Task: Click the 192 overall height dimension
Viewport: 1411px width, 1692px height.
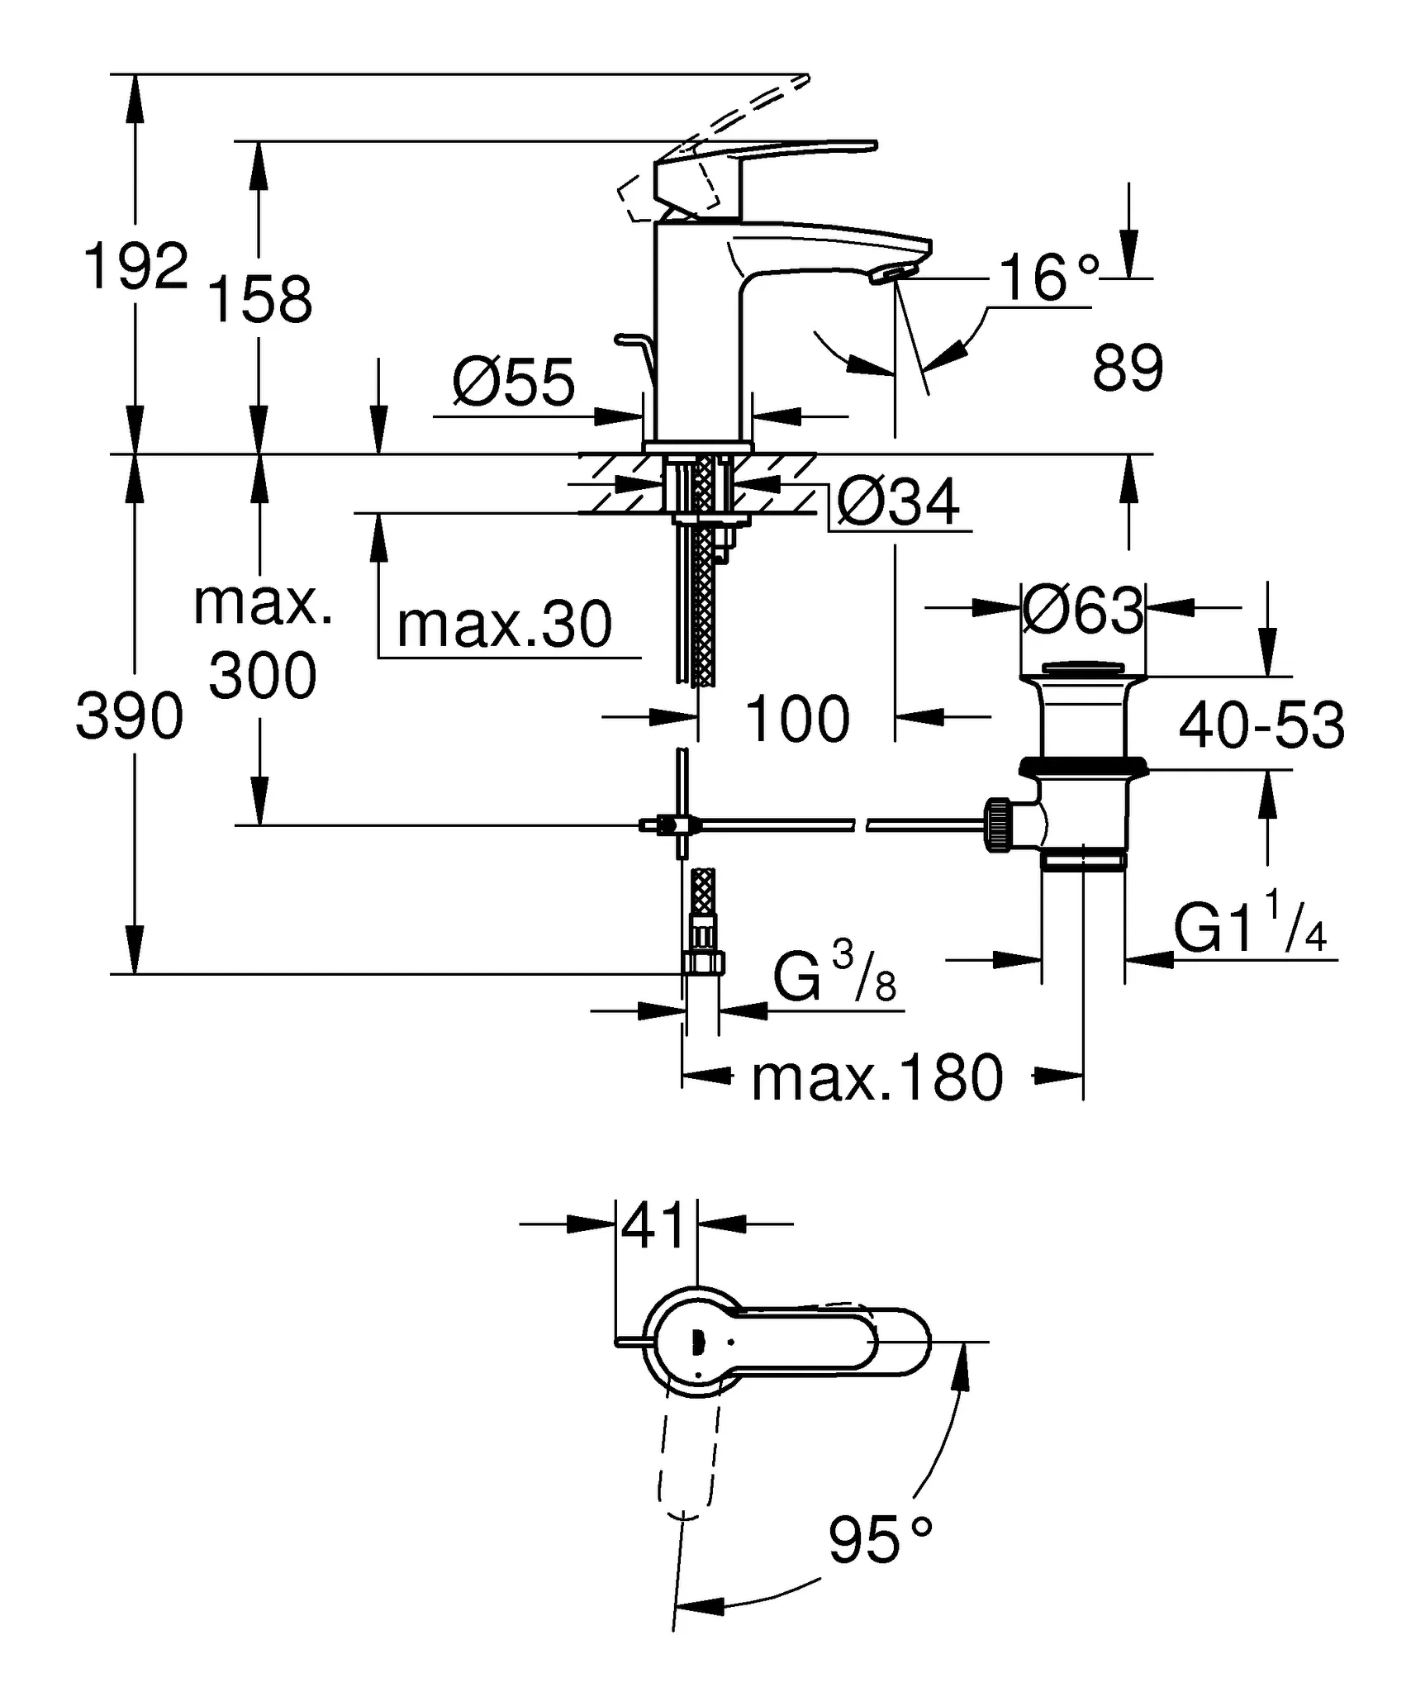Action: tap(136, 267)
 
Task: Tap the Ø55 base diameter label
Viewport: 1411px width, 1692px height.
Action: tap(513, 383)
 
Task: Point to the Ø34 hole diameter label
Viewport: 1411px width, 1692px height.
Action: tap(898, 501)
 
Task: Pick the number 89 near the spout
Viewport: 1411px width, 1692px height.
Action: tap(1127, 368)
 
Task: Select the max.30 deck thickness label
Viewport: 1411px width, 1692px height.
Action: tap(504, 625)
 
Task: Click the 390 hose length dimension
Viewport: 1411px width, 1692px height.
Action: tap(130, 716)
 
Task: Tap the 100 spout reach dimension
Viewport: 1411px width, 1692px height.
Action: tap(796, 719)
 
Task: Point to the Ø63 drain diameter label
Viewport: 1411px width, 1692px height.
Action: tap(1083, 611)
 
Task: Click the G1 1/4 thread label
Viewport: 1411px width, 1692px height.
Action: tap(1250, 929)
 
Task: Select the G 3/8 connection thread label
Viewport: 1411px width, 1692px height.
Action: tap(834, 977)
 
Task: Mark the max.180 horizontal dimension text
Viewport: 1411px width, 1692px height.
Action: tap(877, 1078)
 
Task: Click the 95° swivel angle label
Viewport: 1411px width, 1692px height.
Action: tap(879, 1540)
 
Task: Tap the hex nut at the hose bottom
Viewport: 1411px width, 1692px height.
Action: tap(703, 962)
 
